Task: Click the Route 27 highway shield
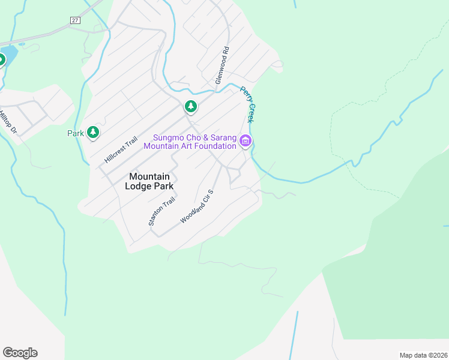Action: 74,20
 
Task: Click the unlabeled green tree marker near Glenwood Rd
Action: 190,107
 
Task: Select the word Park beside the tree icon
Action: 75,133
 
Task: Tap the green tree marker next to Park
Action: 92,132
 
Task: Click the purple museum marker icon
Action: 246,142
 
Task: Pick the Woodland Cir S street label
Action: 197,207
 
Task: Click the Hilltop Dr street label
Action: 7,120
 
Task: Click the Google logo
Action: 20,353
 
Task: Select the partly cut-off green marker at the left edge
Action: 1,60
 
